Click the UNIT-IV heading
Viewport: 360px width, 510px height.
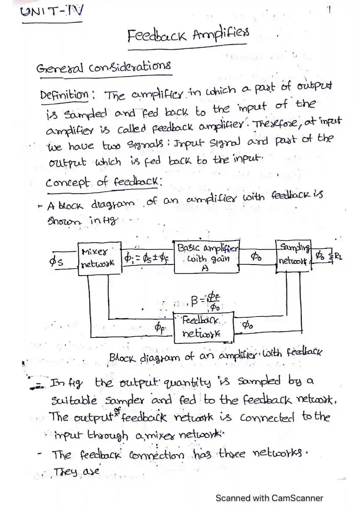click(52, 12)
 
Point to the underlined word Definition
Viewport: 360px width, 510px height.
click(64, 95)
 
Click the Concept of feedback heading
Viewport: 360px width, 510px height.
click(103, 182)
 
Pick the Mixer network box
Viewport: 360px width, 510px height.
click(100, 258)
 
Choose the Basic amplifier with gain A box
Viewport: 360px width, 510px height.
click(206, 256)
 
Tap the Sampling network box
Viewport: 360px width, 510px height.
click(293, 256)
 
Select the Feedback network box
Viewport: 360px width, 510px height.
click(203, 327)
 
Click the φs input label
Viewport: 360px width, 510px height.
click(56, 262)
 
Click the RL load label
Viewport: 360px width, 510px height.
click(338, 257)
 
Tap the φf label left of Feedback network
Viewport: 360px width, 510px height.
click(159, 328)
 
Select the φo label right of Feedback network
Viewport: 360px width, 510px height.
click(247, 325)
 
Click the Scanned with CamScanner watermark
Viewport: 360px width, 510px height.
click(269, 498)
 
